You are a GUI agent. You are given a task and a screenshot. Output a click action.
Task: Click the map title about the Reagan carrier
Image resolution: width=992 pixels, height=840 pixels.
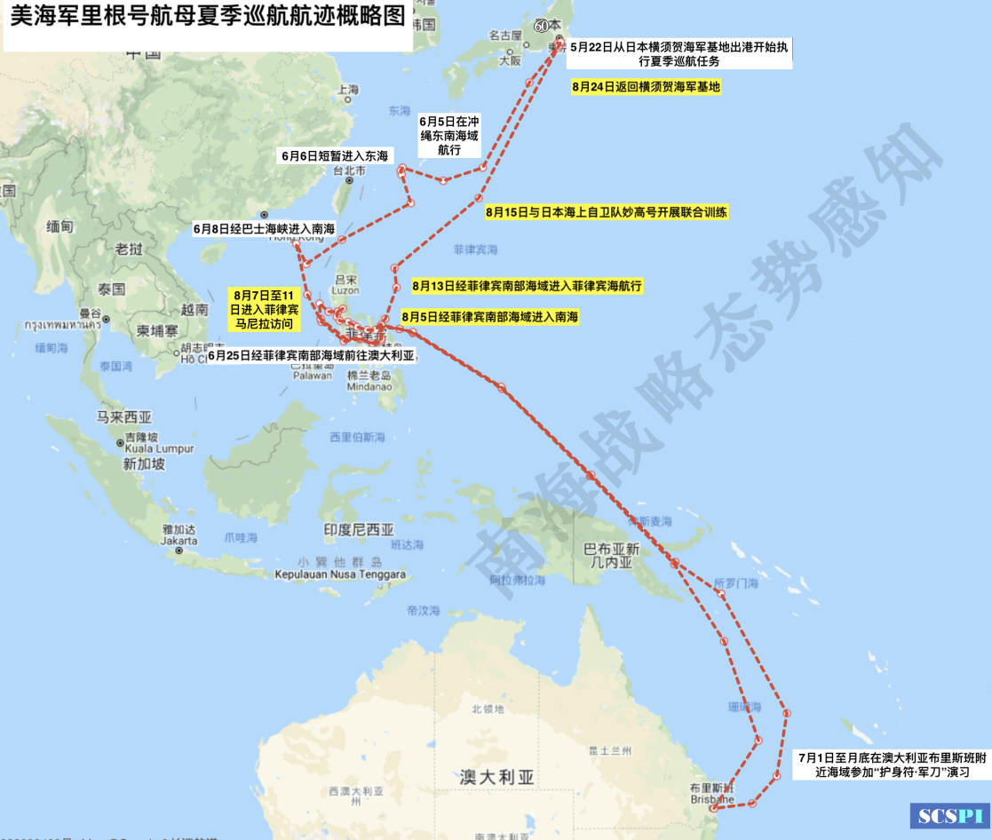[207, 19]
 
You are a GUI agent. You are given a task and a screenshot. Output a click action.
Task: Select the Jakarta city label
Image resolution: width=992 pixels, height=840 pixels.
[180, 539]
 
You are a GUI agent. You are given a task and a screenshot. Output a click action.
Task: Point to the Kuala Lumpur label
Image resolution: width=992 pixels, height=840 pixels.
[160, 449]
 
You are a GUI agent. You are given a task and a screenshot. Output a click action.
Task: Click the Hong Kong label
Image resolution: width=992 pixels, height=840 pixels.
[292, 238]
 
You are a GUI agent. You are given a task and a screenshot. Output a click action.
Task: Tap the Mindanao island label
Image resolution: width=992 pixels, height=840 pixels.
[369, 386]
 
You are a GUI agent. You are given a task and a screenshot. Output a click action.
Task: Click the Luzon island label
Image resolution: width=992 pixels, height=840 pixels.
[345, 289]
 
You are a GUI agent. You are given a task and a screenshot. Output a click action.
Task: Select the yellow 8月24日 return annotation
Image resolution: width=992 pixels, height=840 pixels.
[646, 86]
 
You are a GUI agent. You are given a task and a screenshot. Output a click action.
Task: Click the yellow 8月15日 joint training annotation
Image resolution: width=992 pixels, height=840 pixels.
[607, 212]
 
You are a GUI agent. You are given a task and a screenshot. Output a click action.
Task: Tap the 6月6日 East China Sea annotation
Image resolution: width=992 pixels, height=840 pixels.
[334, 155]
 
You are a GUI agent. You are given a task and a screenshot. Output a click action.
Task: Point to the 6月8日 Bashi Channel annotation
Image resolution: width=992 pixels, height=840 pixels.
[264, 228]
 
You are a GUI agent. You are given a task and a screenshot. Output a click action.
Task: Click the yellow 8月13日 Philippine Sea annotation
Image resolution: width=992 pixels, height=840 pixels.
[527, 286]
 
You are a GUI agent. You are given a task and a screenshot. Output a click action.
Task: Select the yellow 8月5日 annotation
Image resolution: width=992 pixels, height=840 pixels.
[489, 316]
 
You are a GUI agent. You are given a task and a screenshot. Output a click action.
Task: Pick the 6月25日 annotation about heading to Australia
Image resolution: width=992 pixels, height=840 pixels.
[312, 355]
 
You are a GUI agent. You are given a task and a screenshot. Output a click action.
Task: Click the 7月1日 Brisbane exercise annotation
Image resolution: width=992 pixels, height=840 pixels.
[891, 765]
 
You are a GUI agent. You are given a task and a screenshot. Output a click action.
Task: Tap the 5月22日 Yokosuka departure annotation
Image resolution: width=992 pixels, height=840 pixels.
[679, 53]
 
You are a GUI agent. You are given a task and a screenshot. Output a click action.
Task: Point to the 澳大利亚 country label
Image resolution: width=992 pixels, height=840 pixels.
[497, 777]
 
